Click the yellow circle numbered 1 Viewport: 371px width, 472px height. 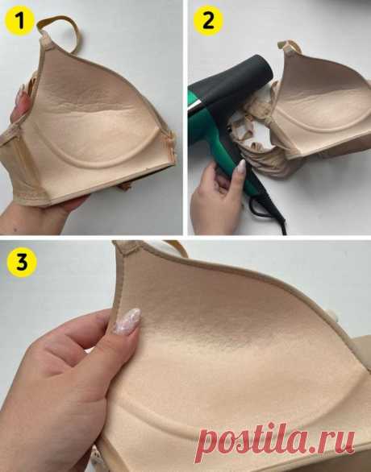tap(20, 21)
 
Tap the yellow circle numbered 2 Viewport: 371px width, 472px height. tap(209, 21)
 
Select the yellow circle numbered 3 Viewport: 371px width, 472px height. tap(22, 263)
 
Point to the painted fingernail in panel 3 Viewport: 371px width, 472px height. tap(127, 321)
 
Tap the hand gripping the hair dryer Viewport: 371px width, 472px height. tap(218, 199)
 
